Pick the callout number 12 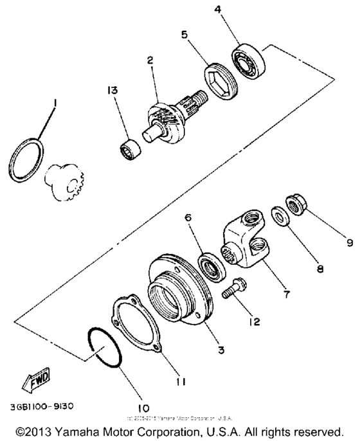[255, 319]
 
